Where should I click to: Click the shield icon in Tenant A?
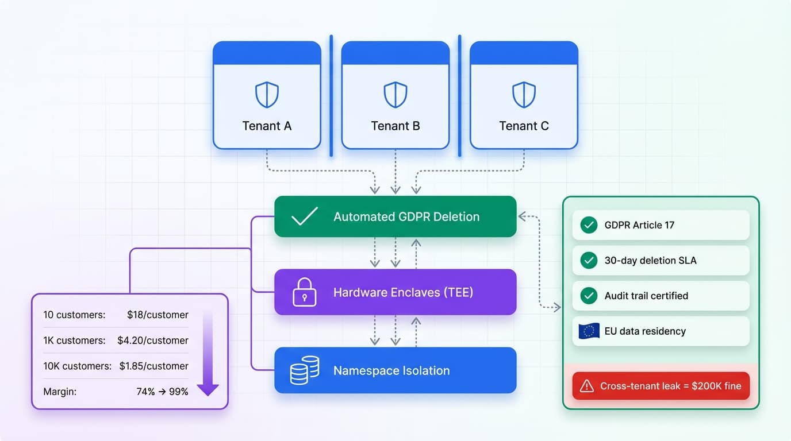point(267,95)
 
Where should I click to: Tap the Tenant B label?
point(395,126)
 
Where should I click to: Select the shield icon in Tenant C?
point(524,95)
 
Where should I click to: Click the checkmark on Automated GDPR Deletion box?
point(304,216)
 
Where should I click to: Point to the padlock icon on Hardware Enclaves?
point(304,292)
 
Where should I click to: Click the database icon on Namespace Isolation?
point(304,370)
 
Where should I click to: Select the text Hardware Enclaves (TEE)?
point(403,292)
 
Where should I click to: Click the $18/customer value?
point(158,315)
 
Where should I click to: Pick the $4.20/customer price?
point(152,341)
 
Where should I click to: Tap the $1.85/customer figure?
point(153,366)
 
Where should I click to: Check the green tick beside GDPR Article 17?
point(589,225)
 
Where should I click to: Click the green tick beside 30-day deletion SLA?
point(589,261)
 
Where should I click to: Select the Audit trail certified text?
point(646,296)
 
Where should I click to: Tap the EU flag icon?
point(589,331)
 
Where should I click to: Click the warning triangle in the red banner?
point(586,386)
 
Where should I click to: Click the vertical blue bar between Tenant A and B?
point(331,95)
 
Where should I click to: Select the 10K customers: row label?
point(77,366)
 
